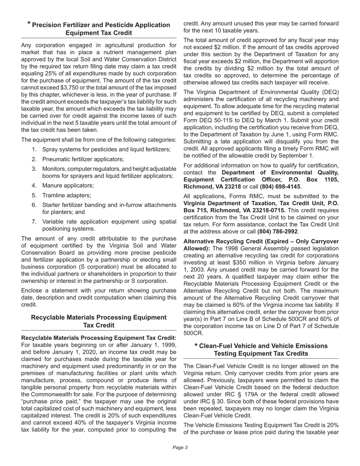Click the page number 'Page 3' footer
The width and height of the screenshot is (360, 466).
[180, 447]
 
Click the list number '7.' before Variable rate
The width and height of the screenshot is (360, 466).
[34, 222]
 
